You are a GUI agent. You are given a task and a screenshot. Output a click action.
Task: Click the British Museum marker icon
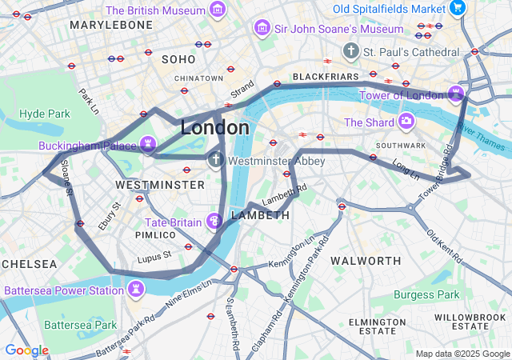[x=217, y=10]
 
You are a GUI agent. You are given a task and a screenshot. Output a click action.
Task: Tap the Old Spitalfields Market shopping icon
[x=458, y=8]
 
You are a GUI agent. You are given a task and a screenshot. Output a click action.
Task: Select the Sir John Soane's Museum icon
[x=261, y=29]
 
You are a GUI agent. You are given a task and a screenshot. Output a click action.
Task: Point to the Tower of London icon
[x=456, y=95]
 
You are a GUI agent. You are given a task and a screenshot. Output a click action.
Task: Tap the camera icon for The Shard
[x=406, y=122]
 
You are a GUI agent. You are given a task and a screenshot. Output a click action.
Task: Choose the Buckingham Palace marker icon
[x=147, y=145]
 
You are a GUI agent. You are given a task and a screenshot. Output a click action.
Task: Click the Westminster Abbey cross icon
[x=215, y=160]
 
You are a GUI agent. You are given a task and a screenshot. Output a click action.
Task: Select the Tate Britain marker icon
[x=214, y=221]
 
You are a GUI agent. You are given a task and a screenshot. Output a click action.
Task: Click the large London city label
[x=214, y=128]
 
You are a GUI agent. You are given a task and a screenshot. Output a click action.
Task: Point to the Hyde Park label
[x=45, y=114]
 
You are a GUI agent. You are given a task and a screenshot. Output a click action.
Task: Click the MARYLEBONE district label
[x=111, y=26]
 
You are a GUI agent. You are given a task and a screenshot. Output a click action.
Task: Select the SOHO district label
[x=178, y=59]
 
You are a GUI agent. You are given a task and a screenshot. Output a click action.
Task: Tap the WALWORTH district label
[x=366, y=261]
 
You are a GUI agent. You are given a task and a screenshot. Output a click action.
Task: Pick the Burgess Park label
[x=427, y=294]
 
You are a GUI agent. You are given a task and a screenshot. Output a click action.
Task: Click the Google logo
[x=26, y=350]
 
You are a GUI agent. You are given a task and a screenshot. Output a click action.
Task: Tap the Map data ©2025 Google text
[x=462, y=354]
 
